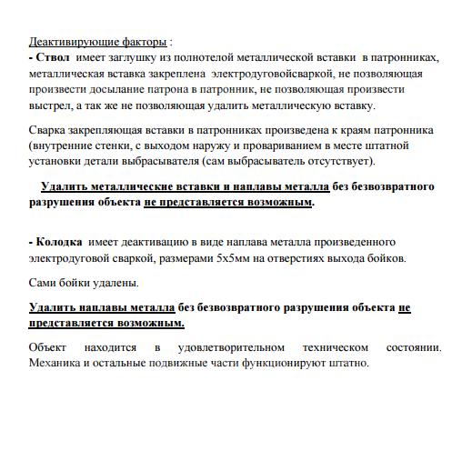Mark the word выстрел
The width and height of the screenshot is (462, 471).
50,105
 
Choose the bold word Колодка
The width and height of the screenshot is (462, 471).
59,242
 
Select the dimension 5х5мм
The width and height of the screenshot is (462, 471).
237,258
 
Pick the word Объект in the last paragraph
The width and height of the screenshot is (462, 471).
47,347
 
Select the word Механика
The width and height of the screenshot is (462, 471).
55,363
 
